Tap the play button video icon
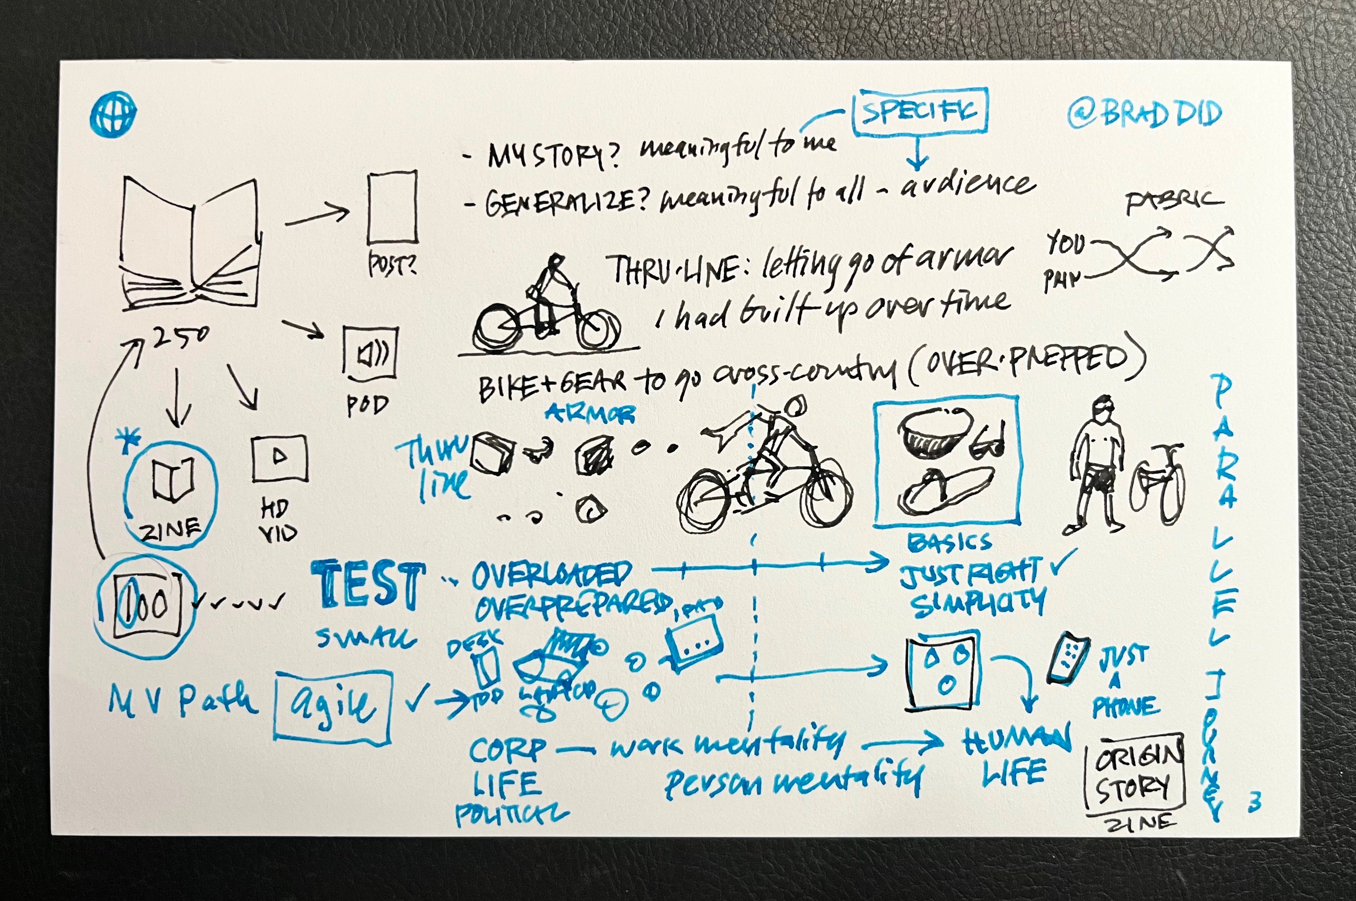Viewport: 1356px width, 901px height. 279,458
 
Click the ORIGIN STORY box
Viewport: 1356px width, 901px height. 1134,777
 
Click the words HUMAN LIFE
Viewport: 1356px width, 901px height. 1016,755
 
